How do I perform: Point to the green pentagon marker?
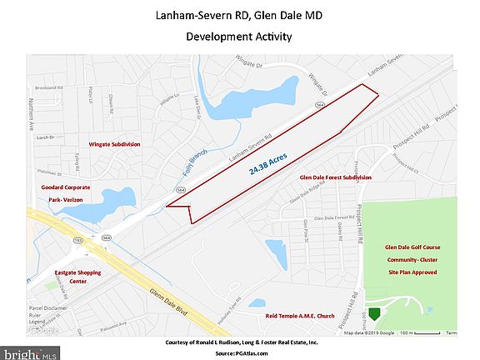point(375,313)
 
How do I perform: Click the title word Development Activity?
point(239,37)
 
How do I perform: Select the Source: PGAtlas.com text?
point(240,353)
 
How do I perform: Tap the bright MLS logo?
point(30,351)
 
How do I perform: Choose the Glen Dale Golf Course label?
point(412,247)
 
